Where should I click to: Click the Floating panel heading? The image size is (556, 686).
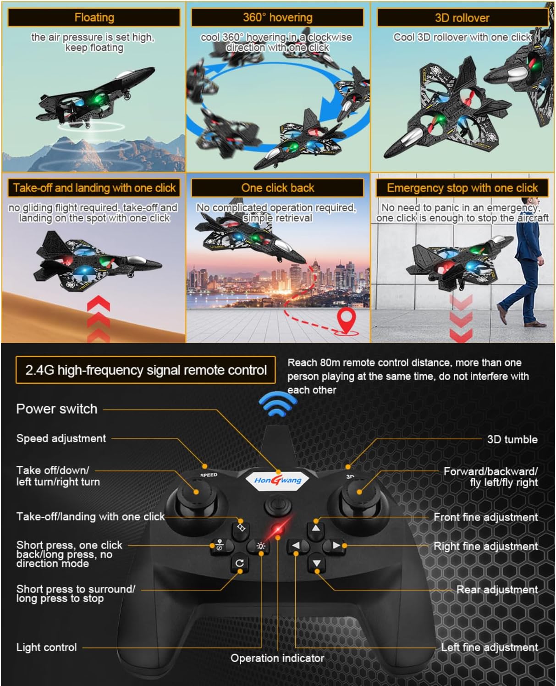(94, 18)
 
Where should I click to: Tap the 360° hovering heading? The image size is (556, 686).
(277, 18)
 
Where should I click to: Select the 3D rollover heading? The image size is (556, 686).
(462, 18)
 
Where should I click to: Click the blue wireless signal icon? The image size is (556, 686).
(277, 404)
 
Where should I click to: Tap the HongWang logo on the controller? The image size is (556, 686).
(278, 480)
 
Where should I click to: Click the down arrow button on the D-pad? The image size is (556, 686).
(316, 563)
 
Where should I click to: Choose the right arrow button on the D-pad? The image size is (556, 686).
(336, 546)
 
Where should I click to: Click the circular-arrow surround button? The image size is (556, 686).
(239, 563)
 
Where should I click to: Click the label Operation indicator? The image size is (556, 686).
(277, 658)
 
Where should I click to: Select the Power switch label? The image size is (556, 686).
(57, 409)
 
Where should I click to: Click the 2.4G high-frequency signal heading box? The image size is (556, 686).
(146, 370)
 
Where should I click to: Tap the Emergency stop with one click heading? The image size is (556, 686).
(462, 188)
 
